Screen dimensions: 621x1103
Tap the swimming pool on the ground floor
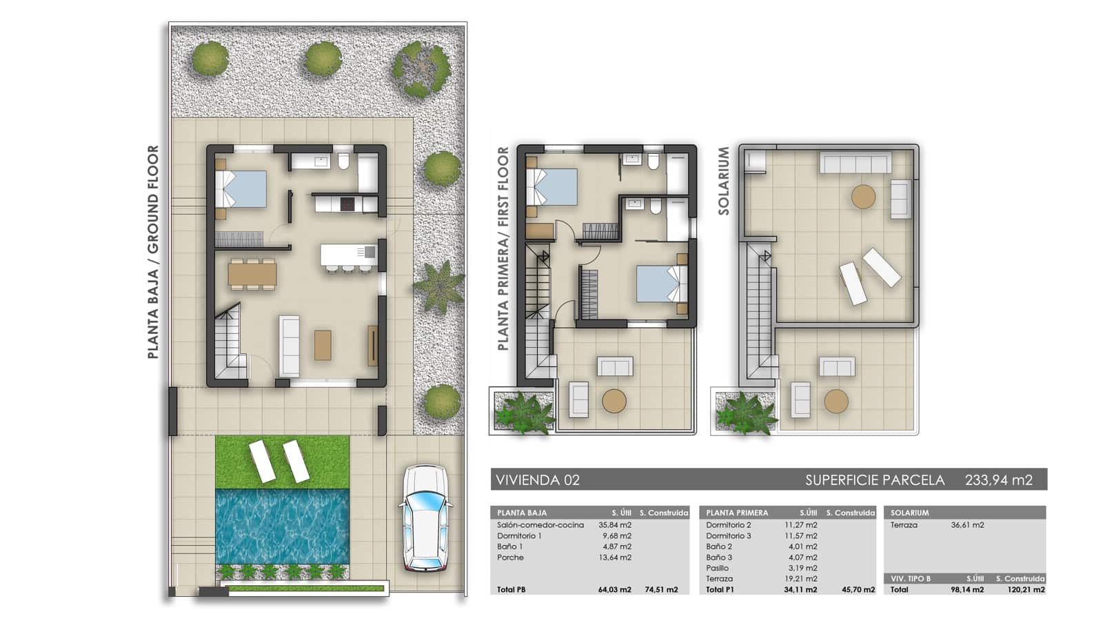point(282,526)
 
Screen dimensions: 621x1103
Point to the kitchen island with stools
point(348,255)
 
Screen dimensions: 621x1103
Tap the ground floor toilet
point(343,161)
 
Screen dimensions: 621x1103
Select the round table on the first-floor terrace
point(614,401)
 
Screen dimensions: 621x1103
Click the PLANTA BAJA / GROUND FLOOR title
point(153,252)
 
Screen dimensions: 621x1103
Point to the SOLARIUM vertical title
point(724,181)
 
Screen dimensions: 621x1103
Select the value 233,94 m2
point(998,480)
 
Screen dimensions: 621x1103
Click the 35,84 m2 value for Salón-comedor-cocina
point(615,525)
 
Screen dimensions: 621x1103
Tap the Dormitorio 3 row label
point(728,536)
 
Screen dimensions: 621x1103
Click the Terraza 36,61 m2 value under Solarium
point(967,525)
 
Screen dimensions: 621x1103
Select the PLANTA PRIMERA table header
point(737,513)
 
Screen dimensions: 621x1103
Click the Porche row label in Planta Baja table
point(510,558)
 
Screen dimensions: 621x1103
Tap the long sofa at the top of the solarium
point(855,163)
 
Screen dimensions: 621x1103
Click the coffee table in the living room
point(323,345)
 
